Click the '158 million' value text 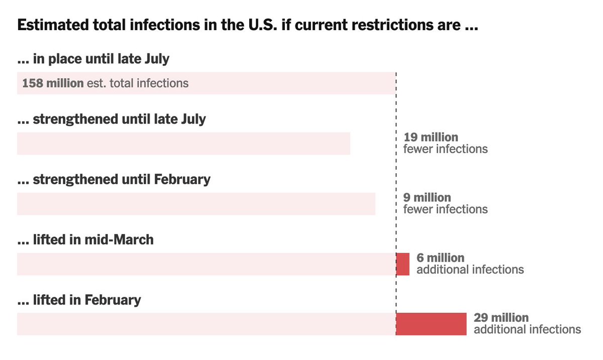(x=53, y=83)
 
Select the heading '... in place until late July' (x=93, y=59)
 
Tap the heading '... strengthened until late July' (x=112, y=119)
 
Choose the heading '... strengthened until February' (x=114, y=179)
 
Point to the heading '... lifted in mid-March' (x=85, y=240)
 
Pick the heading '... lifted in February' (x=79, y=300)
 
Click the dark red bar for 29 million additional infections (x=432, y=324)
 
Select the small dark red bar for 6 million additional (x=403, y=264)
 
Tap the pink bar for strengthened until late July (x=183, y=144)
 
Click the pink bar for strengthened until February (x=196, y=204)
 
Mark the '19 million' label (x=431, y=138)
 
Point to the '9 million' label (x=427, y=198)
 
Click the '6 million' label (x=440, y=258)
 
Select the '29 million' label (x=501, y=318)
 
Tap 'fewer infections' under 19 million (x=445, y=149)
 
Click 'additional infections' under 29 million (x=527, y=330)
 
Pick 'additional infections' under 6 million (x=470, y=270)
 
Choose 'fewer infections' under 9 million (x=445, y=209)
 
